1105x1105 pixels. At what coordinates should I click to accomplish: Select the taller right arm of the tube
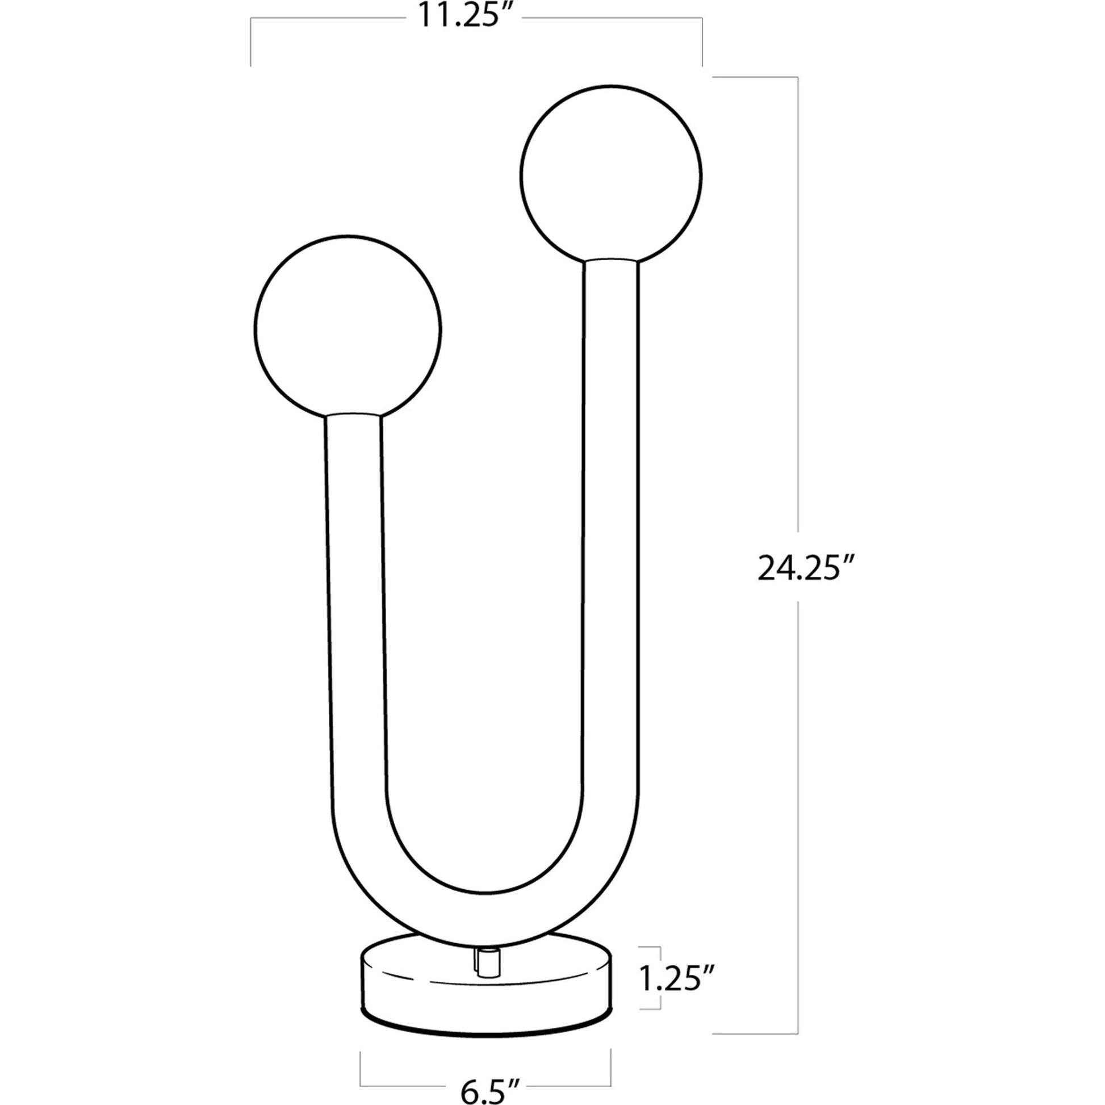pyautogui.click(x=611, y=515)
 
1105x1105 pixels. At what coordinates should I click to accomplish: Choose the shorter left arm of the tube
pyautogui.click(x=354, y=572)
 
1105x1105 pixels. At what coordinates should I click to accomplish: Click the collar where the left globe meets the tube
pyautogui.click(x=353, y=416)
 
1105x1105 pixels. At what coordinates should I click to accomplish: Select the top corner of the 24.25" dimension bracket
pyautogui.click(x=797, y=77)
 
